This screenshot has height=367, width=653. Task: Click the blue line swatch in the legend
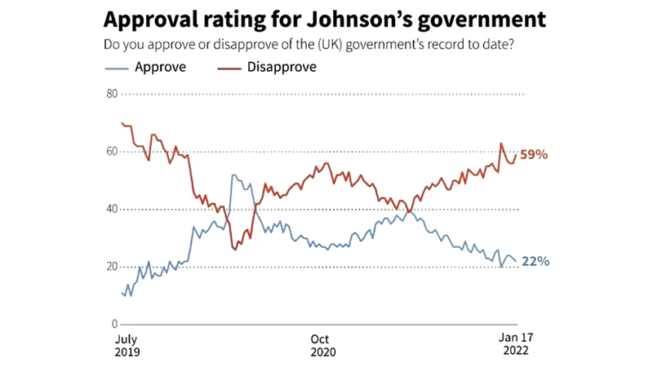tap(119, 68)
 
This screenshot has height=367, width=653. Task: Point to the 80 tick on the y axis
tap(112, 94)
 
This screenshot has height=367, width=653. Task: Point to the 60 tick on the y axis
tap(112, 152)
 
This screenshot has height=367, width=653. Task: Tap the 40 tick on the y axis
tap(112, 210)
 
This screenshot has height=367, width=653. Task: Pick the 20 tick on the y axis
tap(112, 268)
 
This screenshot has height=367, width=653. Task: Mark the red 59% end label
tap(534, 154)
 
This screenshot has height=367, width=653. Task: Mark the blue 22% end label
tap(535, 262)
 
